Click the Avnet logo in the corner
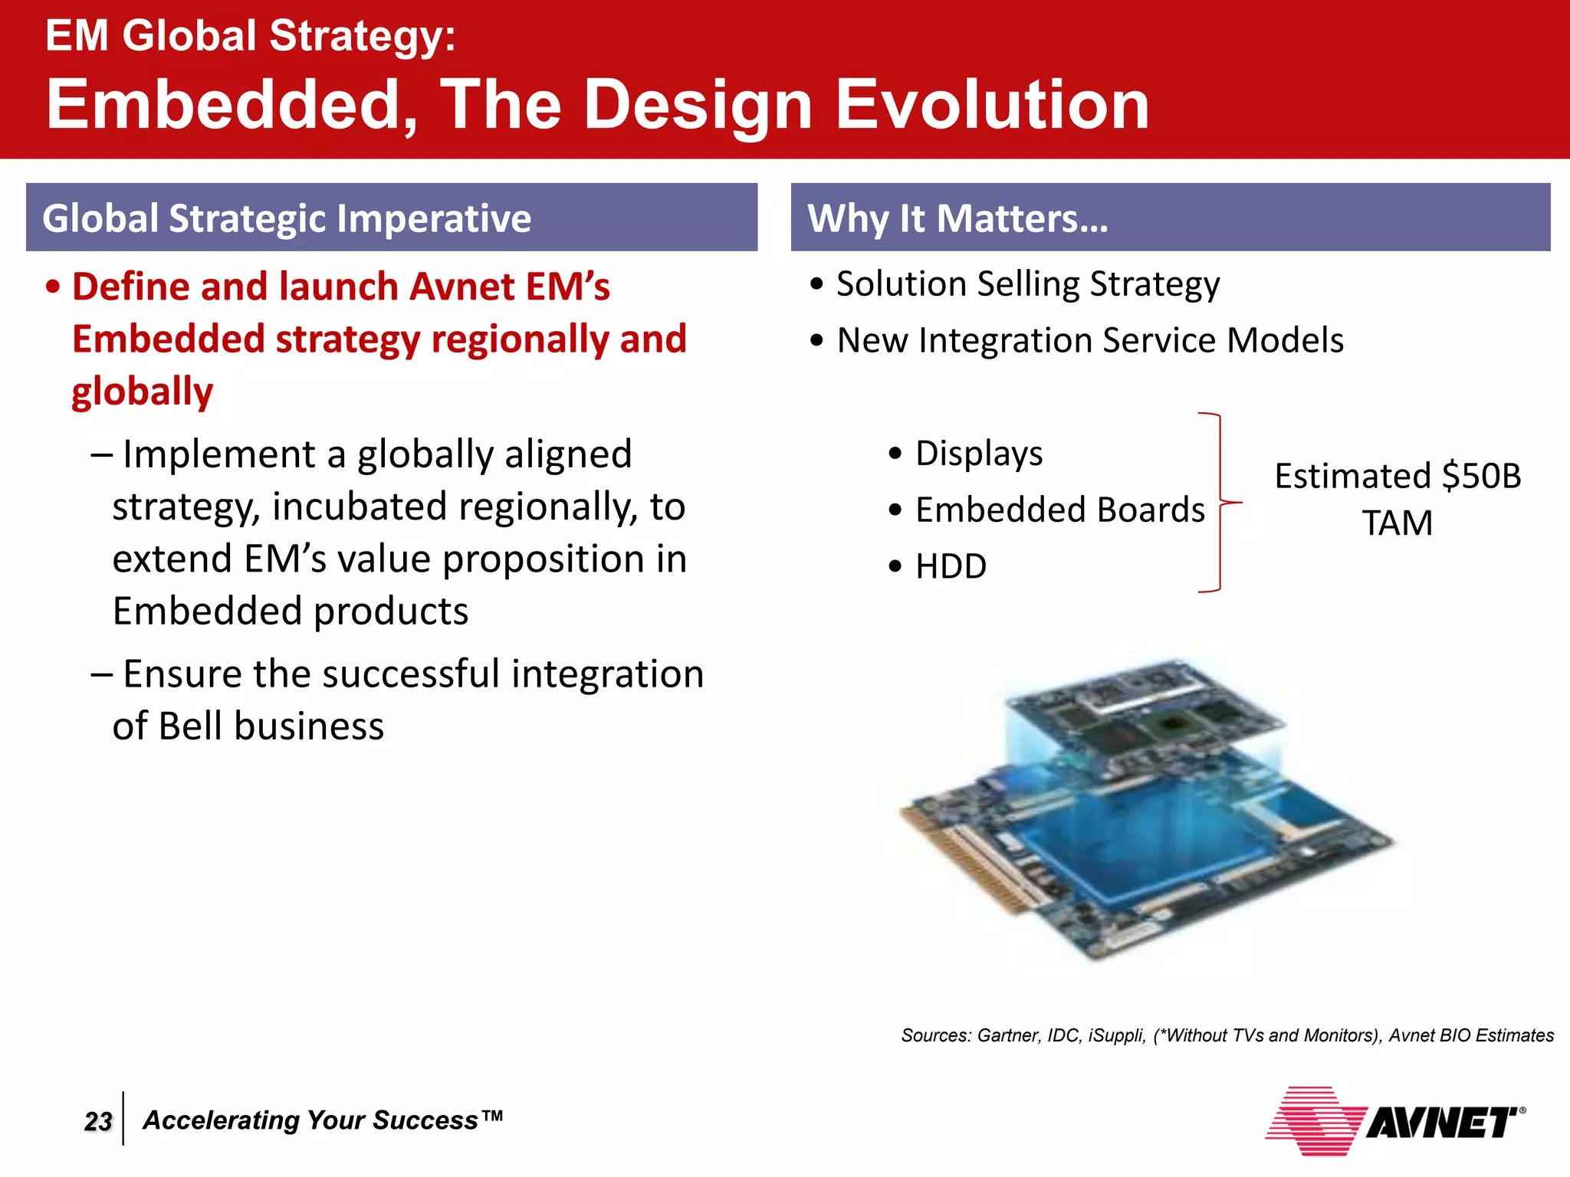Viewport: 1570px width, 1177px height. point(1395,1121)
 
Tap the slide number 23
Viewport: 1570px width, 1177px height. point(98,1121)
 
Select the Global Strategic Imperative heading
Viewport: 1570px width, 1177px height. point(287,218)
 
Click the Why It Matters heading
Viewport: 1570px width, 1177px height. point(957,218)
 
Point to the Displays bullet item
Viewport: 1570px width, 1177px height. point(978,453)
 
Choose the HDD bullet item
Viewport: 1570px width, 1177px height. point(951,566)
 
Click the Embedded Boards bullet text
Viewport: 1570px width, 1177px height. point(1059,510)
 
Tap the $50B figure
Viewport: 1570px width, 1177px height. point(1481,476)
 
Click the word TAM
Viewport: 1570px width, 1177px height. point(1397,523)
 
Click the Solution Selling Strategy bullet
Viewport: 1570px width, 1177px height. point(1027,284)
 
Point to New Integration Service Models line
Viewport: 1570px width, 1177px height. point(1089,340)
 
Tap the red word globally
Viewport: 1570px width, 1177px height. point(143,392)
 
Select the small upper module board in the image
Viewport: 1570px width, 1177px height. point(1150,713)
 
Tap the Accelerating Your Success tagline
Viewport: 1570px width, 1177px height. point(322,1120)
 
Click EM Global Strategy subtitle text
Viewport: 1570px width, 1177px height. point(250,36)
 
